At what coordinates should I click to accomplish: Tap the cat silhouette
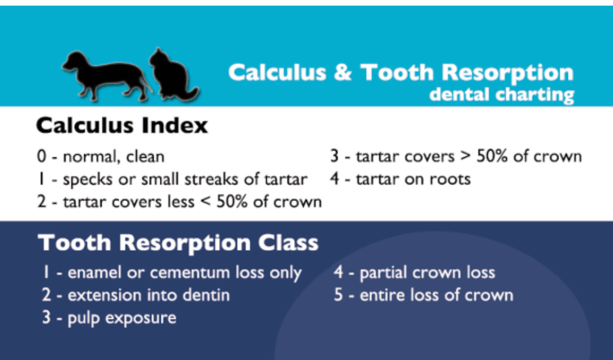click(172, 76)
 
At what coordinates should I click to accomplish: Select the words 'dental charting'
click(502, 94)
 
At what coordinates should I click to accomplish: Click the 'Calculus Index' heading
click(122, 125)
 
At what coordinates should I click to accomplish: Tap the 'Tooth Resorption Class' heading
click(178, 244)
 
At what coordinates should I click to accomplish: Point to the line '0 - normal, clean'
click(101, 156)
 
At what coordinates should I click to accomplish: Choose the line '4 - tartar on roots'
click(400, 179)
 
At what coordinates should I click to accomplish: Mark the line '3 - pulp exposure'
click(109, 317)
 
